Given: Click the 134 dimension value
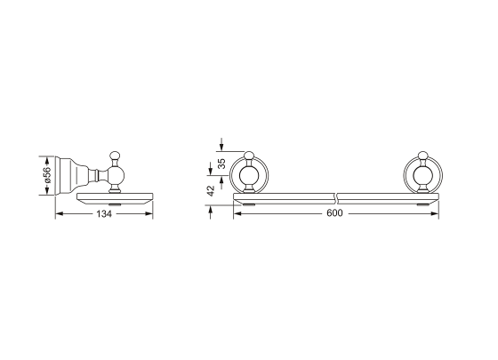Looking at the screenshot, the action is tap(104, 214).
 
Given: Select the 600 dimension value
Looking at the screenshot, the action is tap(334, 213).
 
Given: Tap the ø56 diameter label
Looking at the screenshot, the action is tap(47, 175).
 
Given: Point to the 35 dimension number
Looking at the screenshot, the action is tap(222, 164).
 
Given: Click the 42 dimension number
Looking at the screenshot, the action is tap(211, 190).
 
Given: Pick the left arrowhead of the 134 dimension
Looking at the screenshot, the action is tap(60, 213).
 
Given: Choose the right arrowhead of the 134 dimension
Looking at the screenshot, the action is tap(149, 213).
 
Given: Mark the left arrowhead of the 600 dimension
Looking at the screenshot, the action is tap(237, 213).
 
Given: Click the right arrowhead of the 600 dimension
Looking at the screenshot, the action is tap(435, 213).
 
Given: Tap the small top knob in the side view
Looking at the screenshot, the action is tap(115, 156).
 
